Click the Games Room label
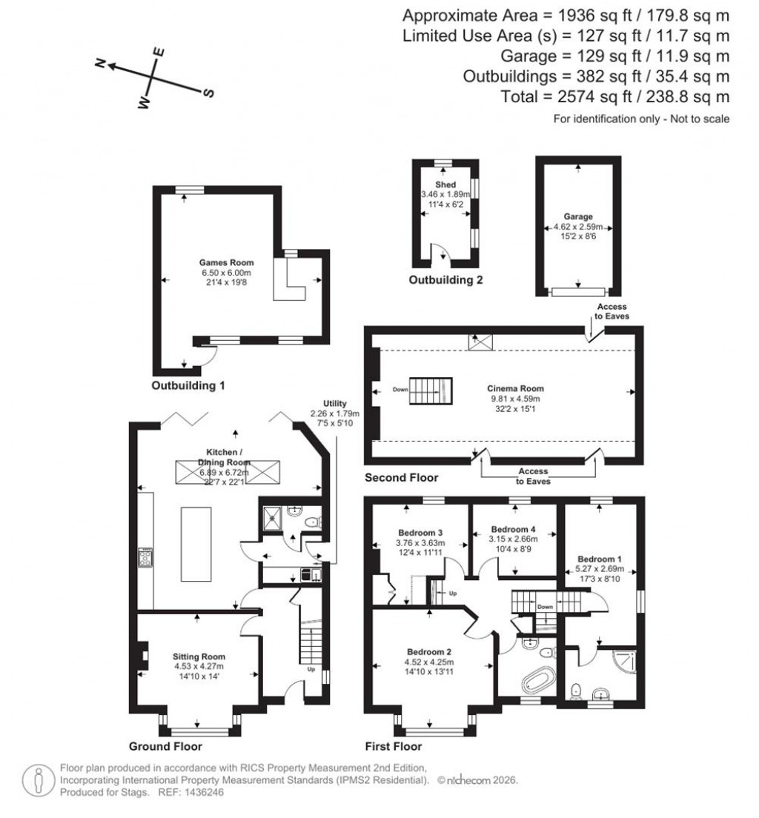226,262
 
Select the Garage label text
577,217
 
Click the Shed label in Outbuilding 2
445,184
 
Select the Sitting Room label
199,656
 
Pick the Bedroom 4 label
514,530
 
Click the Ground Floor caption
165,746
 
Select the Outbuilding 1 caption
188,386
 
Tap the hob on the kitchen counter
145,557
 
